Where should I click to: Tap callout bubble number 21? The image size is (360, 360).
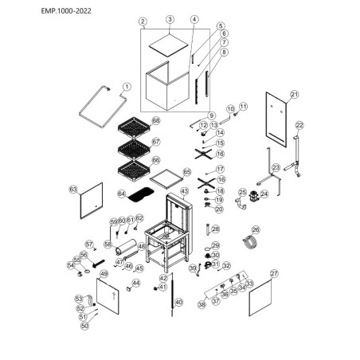point(294,95)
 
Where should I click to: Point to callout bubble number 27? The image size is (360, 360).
point(275,273)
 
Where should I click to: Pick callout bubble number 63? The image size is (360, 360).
point(72,190)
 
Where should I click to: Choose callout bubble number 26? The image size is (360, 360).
point(256,229)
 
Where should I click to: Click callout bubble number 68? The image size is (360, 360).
point(157,120)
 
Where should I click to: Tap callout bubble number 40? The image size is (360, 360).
point(178,302)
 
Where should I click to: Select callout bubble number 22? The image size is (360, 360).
point(300,125)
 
